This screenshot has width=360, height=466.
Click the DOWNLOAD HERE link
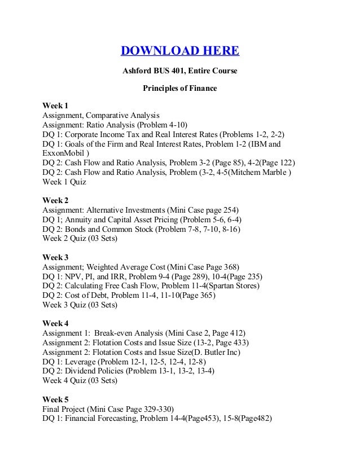[180, 52]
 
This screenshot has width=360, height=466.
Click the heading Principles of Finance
[179, 89]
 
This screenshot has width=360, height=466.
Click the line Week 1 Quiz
[65, 182]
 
